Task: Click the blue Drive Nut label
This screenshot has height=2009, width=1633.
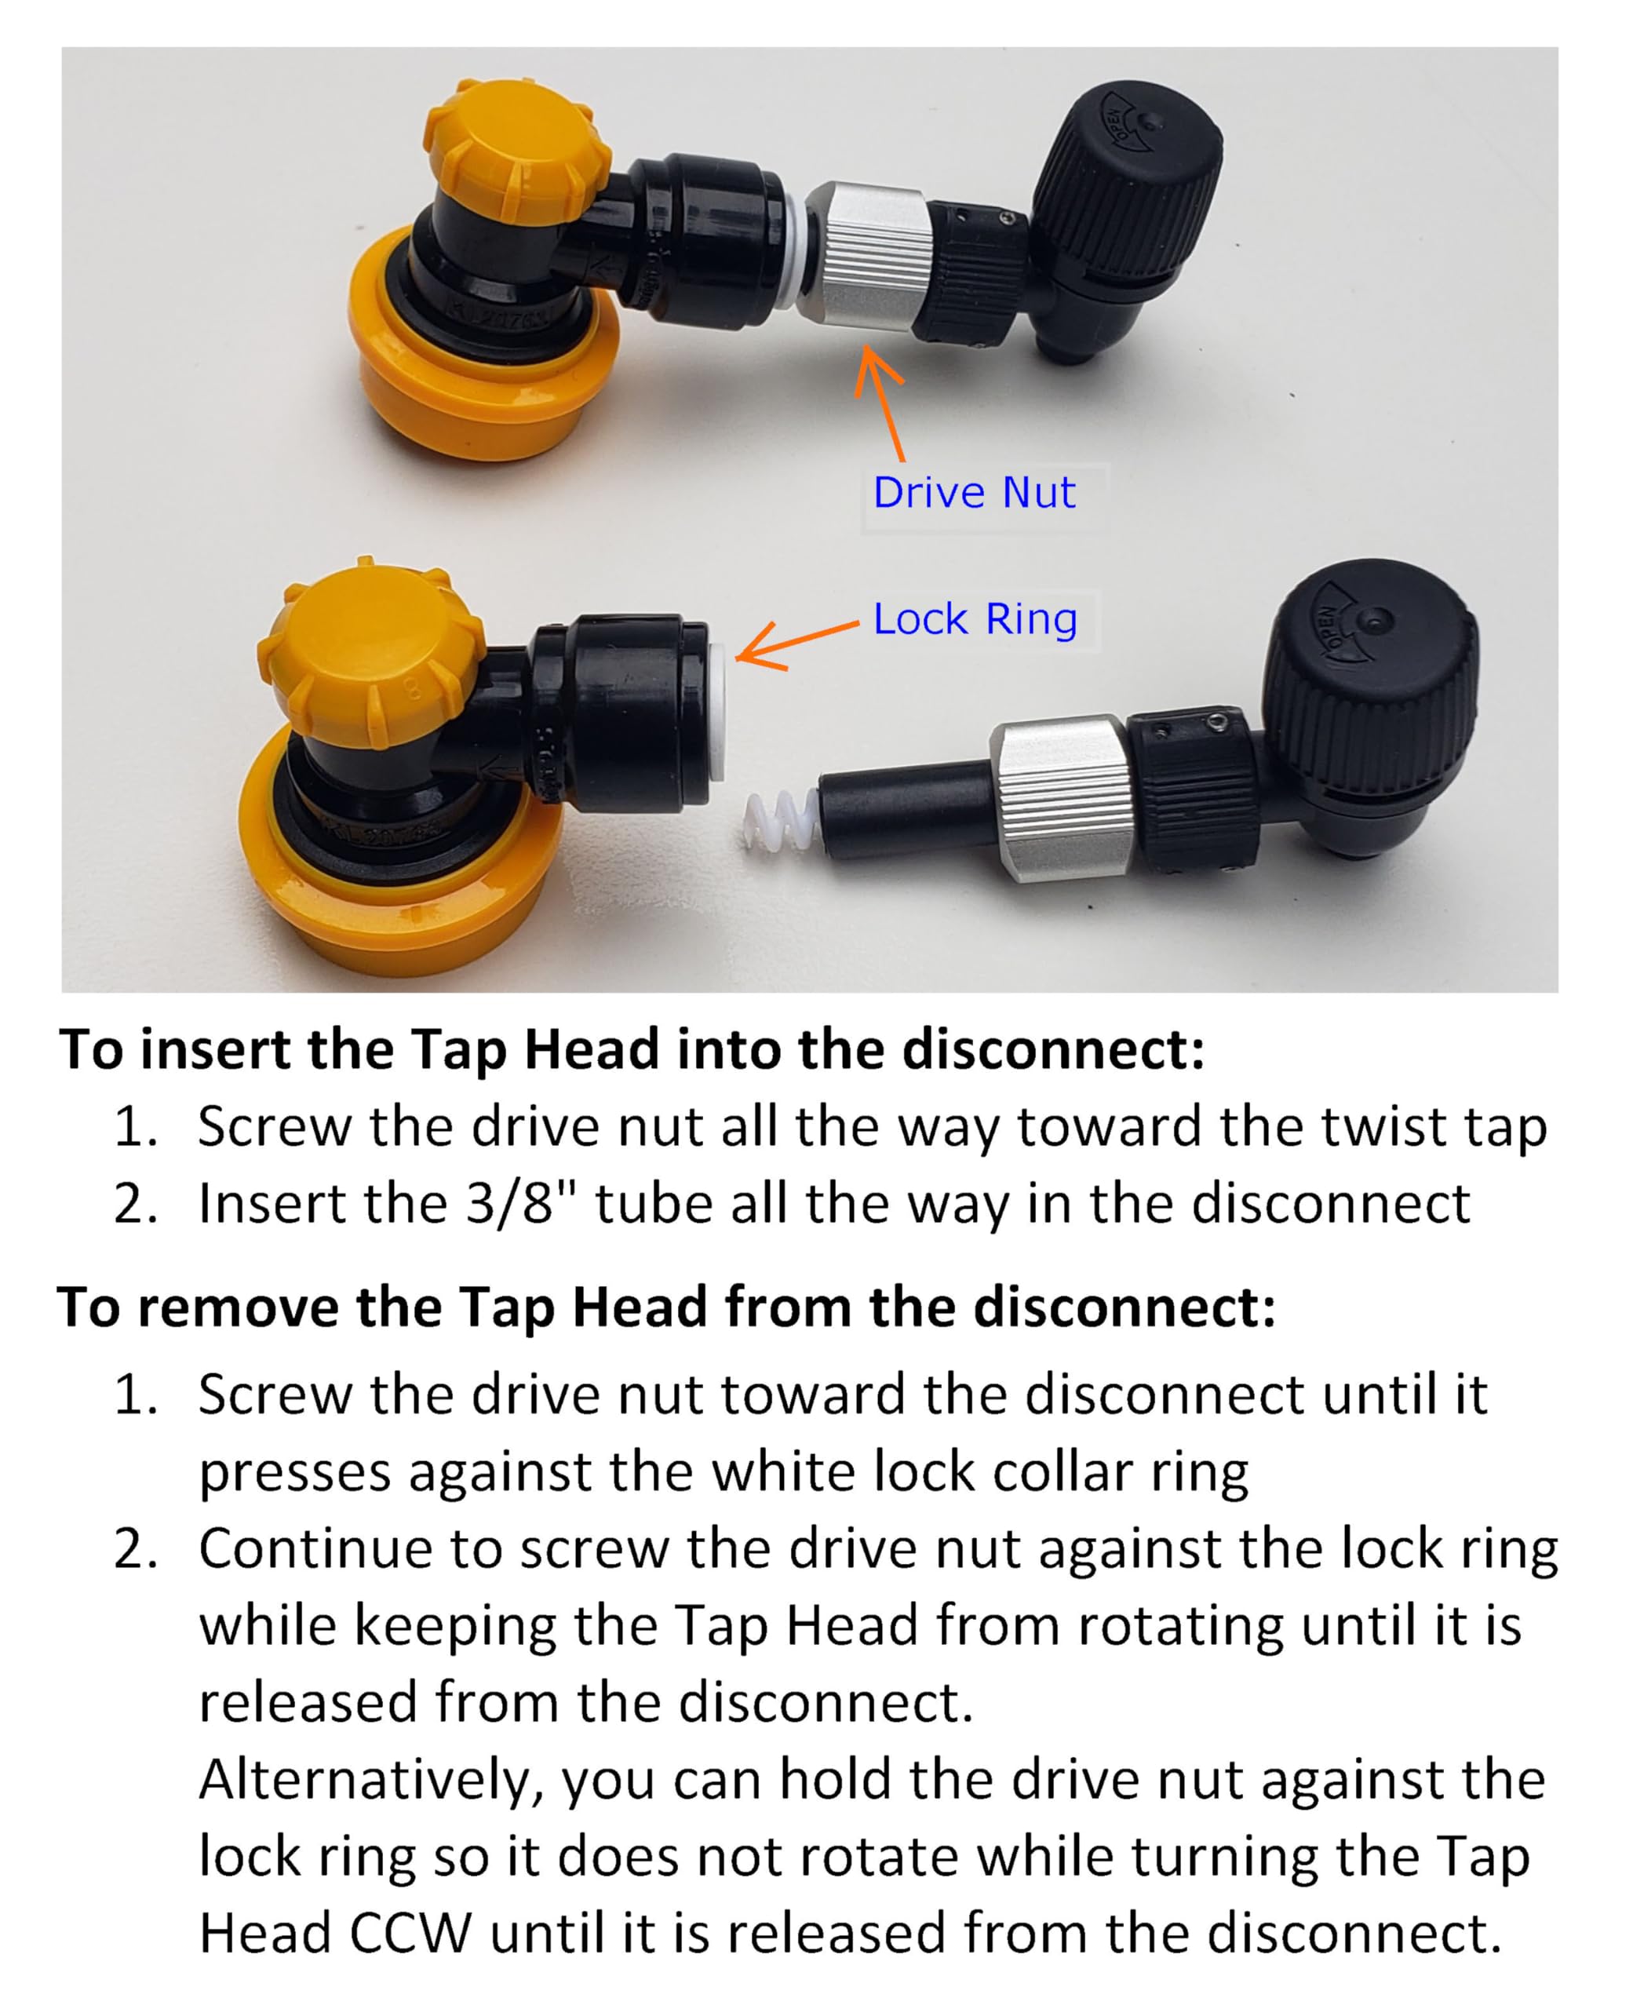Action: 974,493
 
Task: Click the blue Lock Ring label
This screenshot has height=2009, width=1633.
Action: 975,620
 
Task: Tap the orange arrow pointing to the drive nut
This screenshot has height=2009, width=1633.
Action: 881,404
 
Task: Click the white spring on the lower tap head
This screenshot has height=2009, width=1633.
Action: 781,820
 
